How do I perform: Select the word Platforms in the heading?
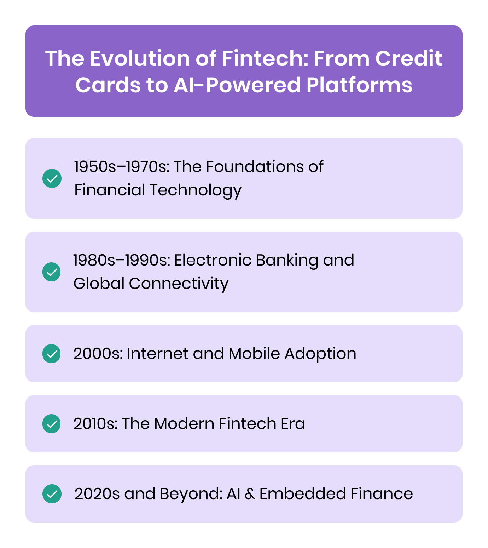pos(359,85)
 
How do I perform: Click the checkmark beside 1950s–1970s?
pos(52,178)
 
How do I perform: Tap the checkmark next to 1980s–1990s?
pos(52,272)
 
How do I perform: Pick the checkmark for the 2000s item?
pos(52,354)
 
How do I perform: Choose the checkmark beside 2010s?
pos(52,424)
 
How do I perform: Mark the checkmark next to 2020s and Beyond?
pos(52,494)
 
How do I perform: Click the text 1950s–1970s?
pos(122,167)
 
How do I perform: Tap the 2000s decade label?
pos(98,354)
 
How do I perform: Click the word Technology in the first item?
pos(195,190)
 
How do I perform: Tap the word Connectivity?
pos(179,284)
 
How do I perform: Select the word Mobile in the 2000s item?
pos(254,354)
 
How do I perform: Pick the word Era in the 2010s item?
pos(293,424)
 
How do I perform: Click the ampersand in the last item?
pos(250,494)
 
